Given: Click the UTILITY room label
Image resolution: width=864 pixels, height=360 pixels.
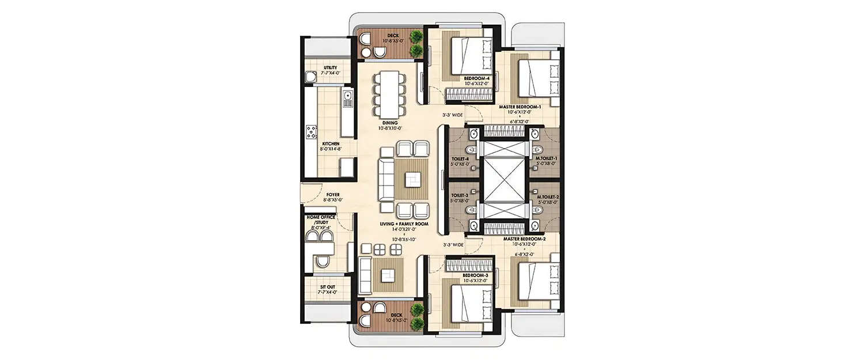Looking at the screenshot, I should [314, 68].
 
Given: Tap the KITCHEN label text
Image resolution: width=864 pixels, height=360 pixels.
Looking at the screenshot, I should [314, 143].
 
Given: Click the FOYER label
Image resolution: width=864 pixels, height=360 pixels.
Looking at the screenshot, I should [333, 195].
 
